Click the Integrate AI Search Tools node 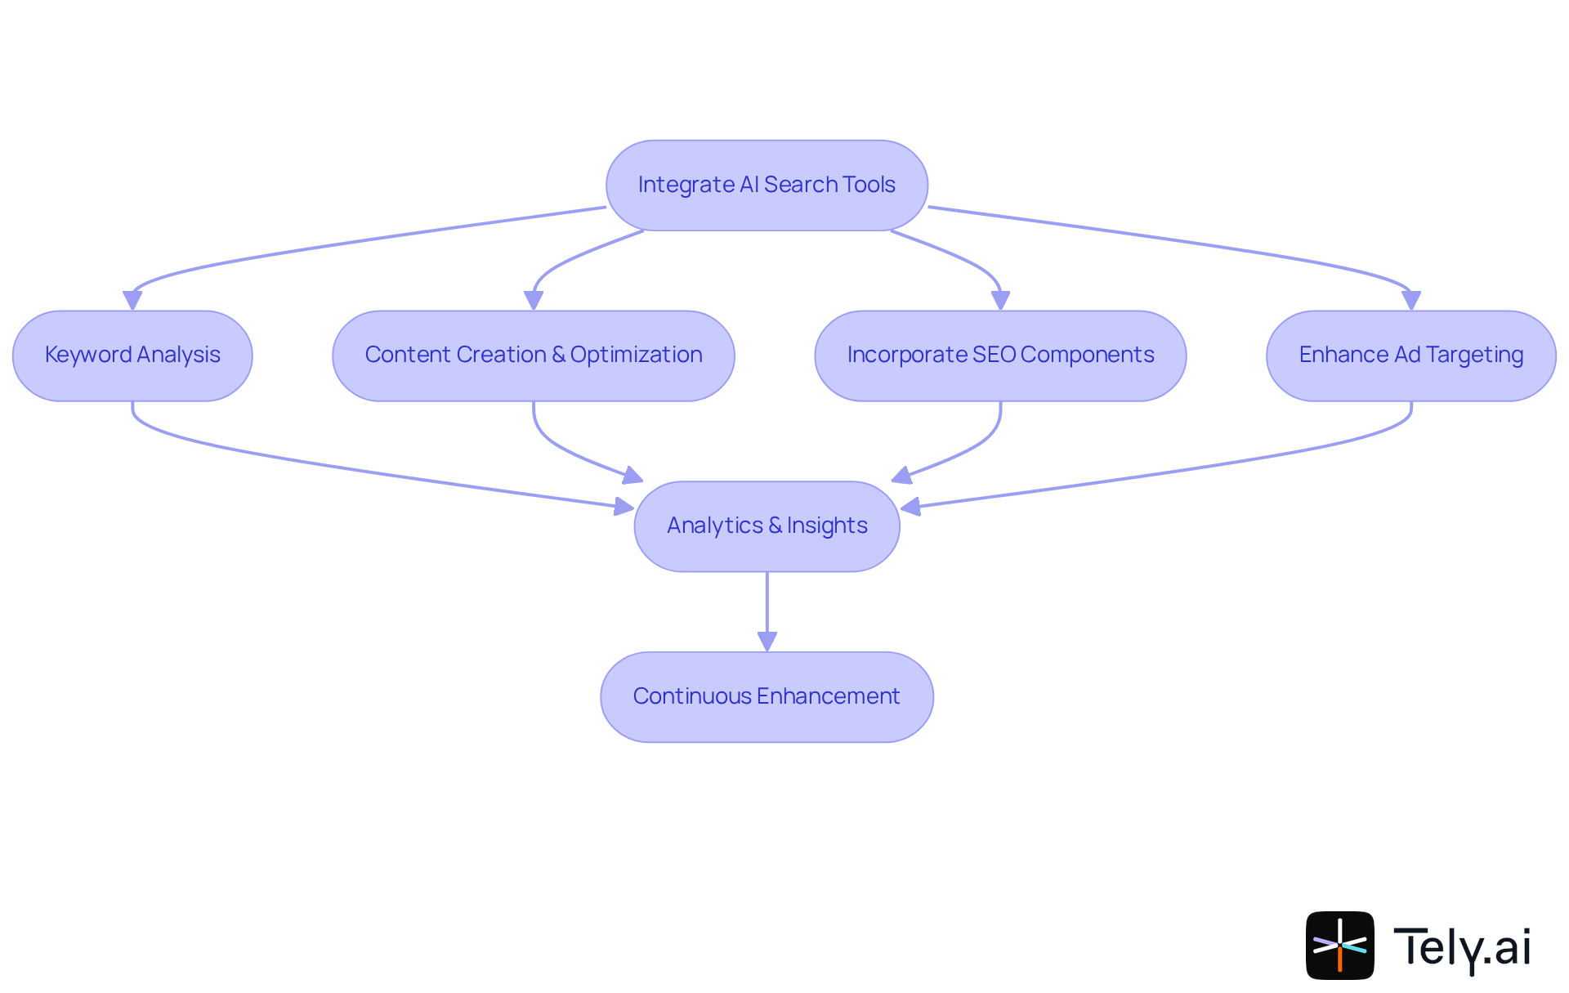767,186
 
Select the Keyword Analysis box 132,356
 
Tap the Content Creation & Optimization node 533,356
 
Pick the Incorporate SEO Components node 1000,356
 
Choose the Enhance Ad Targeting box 1410,356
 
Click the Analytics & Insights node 767,526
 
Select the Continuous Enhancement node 767,696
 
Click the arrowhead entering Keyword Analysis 132,300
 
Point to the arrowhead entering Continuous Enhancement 767,642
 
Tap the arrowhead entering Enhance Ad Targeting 1410,300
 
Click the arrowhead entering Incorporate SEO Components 1000,300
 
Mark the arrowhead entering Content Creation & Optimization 534,300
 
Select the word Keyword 88,355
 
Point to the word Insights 826,526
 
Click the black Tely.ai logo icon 1339,945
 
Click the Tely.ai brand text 1461,946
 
